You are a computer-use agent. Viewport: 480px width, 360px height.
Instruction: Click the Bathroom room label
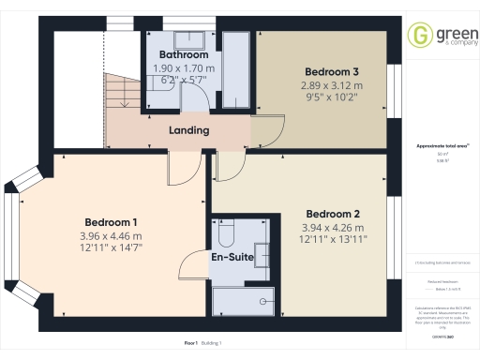(x=183, y=55)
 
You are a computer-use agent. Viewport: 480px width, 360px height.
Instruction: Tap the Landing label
(x=188, y=130)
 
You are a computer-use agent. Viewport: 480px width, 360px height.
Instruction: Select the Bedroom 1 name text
(x=111, y=222)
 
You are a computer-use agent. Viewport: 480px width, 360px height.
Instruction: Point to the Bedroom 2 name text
(x=333, y=212)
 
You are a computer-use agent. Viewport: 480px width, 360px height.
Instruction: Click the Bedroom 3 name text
(x=333, y=71)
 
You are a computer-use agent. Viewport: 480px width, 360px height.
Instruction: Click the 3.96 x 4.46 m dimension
(x=111, y=236)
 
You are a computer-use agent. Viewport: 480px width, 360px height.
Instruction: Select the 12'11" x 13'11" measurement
(x=333, y=239)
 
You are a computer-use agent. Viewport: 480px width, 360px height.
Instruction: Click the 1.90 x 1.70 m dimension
(x=183, y=68)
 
